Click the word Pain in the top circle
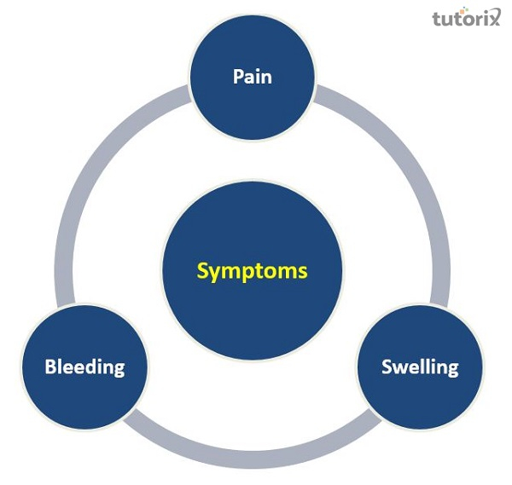tap(253, 75)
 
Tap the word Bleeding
tap(84, 367)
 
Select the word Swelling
tap(420, 367)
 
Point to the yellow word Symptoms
tap(252, 271)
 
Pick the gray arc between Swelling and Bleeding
tap(256, 447)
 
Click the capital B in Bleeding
tap(50, 367)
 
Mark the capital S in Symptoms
tap(202, 271)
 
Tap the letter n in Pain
tap(266, 76)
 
